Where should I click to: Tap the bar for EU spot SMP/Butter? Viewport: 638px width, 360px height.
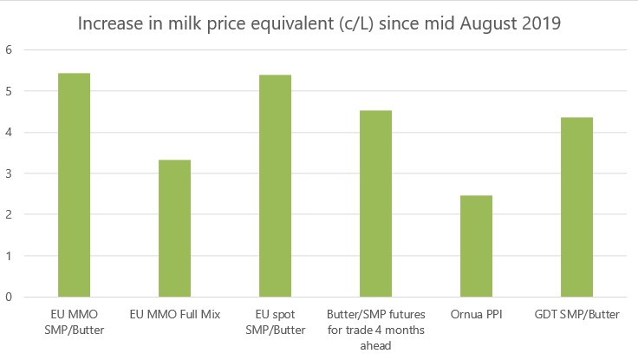pos(275,186)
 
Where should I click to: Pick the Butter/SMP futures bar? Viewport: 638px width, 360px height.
pos(375,203)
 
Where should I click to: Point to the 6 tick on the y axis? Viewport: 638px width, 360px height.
pos(9,50)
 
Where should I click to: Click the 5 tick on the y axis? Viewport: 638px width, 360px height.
pos(9,91)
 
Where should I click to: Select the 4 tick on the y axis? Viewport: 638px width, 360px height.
pos(9,133)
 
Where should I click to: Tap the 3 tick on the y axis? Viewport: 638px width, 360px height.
pos(9,173)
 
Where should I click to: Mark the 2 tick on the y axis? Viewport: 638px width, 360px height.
pos(9,214)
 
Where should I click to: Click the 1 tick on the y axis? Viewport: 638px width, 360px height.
pos(9,256)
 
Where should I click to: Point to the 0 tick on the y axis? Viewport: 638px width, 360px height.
pos(9,297)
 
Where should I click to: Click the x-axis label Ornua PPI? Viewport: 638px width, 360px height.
pos(476,314)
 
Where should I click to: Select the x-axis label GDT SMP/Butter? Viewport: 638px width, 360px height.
pos(576,314)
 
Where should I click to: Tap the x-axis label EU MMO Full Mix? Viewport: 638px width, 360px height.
pos(174,314)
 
